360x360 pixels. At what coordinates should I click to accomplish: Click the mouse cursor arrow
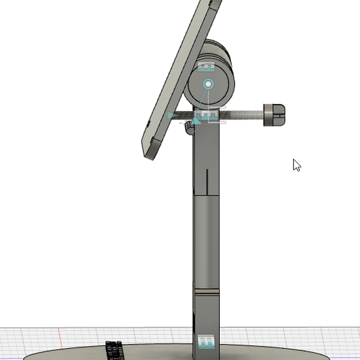click(297, 165)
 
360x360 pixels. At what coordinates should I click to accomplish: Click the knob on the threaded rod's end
click(274, 115)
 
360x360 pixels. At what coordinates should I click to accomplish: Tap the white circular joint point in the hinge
click(208, 84)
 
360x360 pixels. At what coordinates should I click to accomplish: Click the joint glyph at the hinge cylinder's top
click(207, 67)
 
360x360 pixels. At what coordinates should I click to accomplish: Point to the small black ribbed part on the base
click(112, 348)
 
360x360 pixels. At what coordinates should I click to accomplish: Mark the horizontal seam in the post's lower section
click(207, 291)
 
